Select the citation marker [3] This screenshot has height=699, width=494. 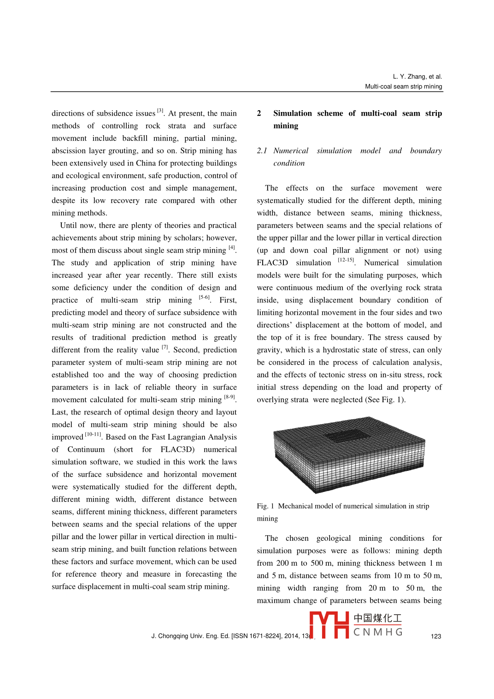[160, 111]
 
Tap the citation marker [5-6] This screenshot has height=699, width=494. [204, 297]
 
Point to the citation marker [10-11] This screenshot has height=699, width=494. [93, 434]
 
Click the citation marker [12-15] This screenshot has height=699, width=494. [346, 260]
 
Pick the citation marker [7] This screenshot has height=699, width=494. [165, 347]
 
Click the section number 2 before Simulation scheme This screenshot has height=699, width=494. [259, 113]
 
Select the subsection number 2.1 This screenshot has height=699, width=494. [262, 151]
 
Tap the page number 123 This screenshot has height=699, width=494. [436, 636]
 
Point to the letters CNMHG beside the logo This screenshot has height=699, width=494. [378, 632]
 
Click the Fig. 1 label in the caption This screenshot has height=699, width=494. [265, 506]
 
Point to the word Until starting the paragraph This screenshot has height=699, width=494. [68, 225]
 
